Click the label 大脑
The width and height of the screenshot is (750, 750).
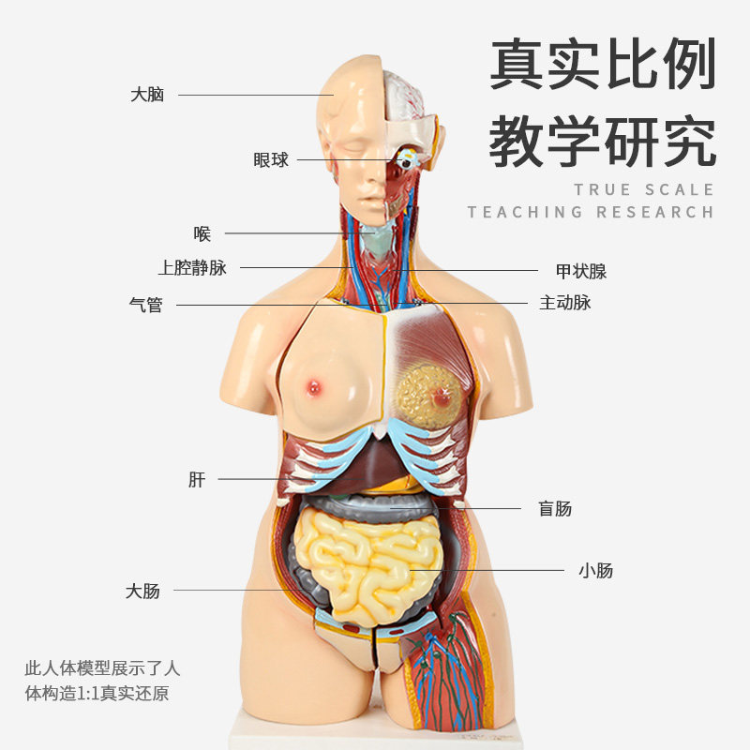click(147, 95)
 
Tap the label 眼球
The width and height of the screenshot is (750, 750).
click(271, 160)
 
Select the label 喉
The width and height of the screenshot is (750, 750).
click(202, 233)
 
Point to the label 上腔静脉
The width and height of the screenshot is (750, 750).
click(192, 268)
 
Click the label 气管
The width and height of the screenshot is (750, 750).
click(145, 305)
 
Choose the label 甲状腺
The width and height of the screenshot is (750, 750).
click(581, 272)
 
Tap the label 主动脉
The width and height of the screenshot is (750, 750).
click(565, 303)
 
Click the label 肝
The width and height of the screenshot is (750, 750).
click(197, 480)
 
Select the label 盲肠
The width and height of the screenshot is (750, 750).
click(555, 509)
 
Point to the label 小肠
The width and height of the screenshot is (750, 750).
click(595, 570)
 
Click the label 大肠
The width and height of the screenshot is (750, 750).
click(142, 591)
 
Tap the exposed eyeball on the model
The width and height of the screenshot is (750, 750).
click(407, 160)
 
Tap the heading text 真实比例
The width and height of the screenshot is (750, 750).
click(603, 66)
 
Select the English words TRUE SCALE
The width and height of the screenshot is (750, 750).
click(644, 189)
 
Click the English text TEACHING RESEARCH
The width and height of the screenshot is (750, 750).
click(591, 212)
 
